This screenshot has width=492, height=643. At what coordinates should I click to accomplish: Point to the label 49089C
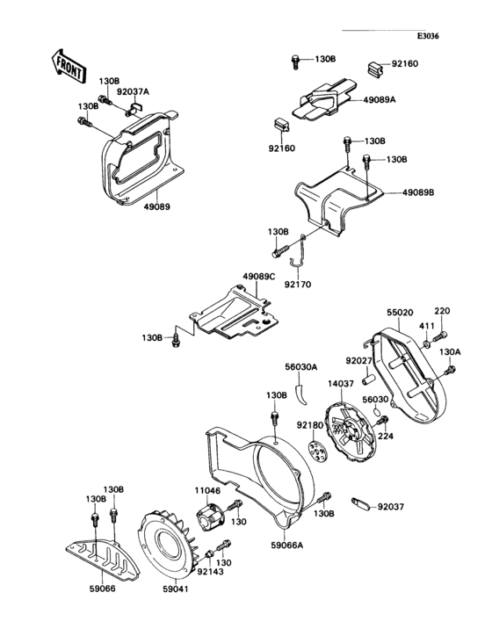point(259,277)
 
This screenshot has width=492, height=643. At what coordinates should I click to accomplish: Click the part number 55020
point(400,312)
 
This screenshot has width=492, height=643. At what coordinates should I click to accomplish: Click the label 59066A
point(286,545)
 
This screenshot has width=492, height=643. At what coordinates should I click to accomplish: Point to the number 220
point(441,311)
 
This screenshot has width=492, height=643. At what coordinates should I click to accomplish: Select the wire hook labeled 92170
point(298,250)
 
